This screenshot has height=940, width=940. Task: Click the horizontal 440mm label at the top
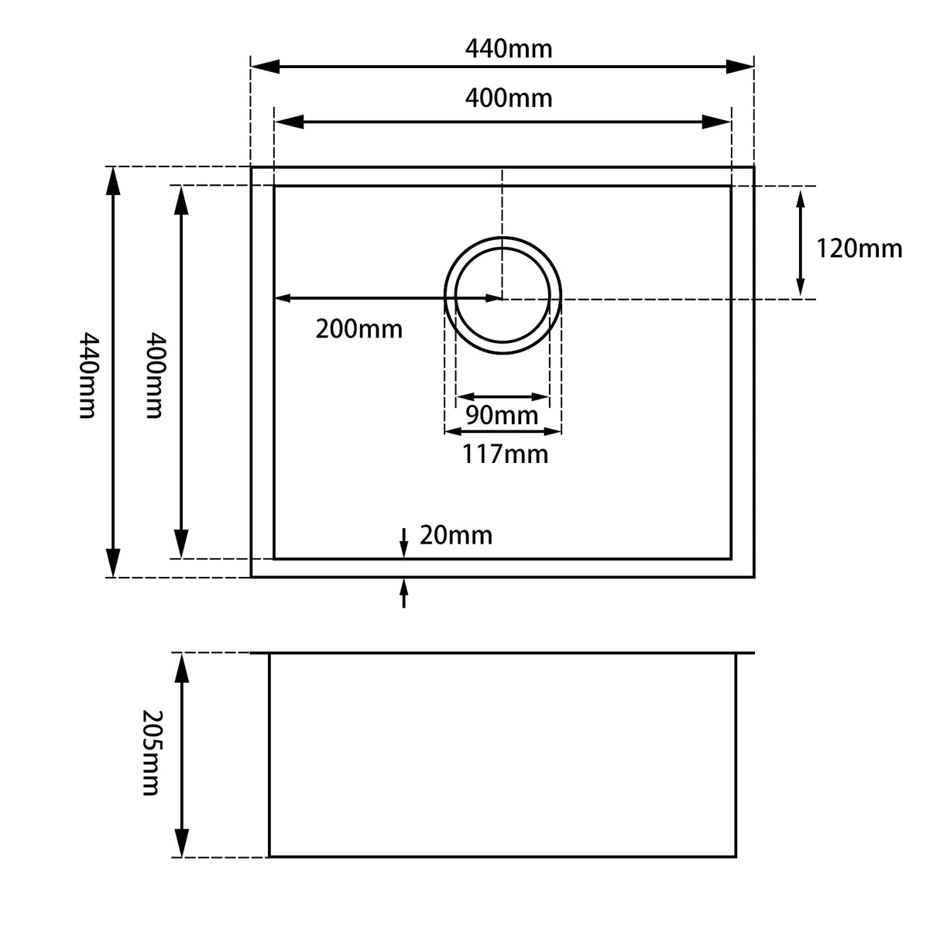pos(509,49)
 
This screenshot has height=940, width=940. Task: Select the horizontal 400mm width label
pos(509,98)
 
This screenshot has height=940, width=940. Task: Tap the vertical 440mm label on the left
pos(89,375)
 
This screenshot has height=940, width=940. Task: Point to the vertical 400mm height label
pos(156,375)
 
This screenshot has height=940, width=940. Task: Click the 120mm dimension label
pos(859,249)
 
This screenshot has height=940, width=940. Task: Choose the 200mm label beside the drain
pos(359,329)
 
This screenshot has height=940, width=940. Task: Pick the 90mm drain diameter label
pos(502,415)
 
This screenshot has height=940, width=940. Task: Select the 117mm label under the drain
pos(505,454)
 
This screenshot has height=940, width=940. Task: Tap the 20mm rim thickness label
pos(455,535)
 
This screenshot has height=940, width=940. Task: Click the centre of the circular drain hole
pos(503,295)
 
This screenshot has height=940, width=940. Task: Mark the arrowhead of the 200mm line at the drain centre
pos(492,298)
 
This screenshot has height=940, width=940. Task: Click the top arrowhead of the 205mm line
pos(182,667)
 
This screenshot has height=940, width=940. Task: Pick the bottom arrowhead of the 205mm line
pos(182,842)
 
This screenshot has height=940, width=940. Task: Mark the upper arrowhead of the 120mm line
pos(801,201)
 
